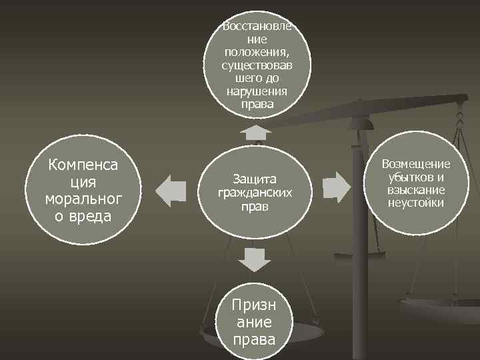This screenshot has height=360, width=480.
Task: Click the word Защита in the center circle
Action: click(254, 179)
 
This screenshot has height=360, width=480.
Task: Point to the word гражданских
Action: click(254, 193)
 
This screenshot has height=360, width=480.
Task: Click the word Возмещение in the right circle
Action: click(416, 165)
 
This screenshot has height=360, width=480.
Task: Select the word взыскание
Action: click(416, 190)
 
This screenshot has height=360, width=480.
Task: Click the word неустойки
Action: click(416, 203)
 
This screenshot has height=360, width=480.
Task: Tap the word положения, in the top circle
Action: click(257, 53)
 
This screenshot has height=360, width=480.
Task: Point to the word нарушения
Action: click(257, 91)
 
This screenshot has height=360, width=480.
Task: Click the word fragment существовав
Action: click(257, 66)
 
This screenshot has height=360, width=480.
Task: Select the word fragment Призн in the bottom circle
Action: click(254, 305)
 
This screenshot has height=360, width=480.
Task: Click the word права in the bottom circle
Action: click(254, 339)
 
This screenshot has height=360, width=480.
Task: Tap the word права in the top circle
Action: click(257, 105)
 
